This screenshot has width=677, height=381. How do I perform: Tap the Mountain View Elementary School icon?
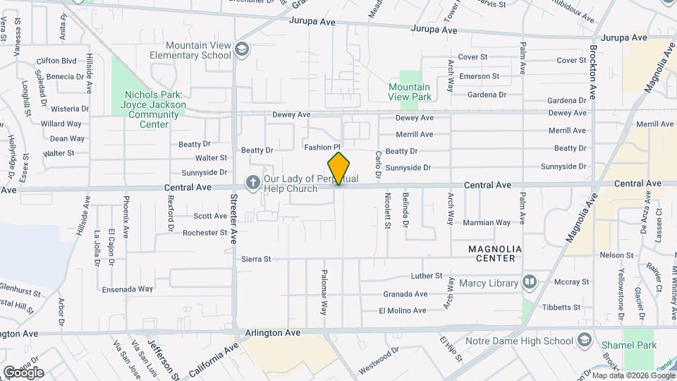242,49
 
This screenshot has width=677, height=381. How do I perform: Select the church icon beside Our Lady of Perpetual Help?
252,183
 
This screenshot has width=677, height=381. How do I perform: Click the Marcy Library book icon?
529,284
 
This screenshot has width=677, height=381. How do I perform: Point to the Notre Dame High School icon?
584,341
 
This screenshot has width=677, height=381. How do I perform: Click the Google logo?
23,372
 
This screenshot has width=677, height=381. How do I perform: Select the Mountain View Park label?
410,92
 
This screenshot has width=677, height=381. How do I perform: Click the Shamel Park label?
629,345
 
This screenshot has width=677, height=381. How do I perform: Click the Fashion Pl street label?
322,147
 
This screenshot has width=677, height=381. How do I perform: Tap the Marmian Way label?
487,223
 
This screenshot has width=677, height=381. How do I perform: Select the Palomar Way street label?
324,291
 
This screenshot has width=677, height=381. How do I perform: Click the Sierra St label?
257,260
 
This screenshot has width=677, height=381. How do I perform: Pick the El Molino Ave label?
403,310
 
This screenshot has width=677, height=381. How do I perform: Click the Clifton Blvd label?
56,61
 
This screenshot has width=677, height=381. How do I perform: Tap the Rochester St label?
205,232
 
